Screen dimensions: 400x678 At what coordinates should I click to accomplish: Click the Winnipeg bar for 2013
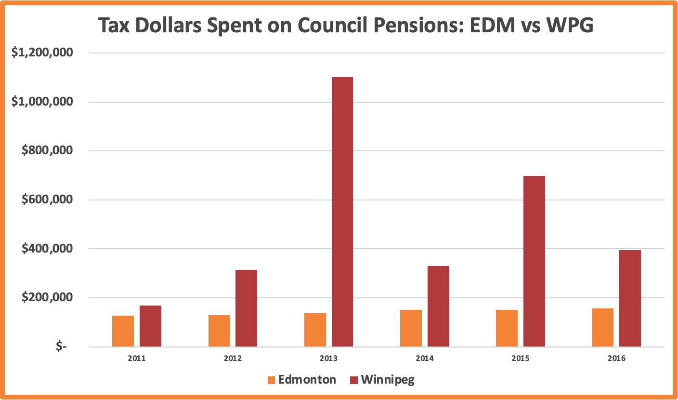pos(342,212)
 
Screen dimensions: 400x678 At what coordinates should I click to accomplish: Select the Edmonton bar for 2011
pos(123,331)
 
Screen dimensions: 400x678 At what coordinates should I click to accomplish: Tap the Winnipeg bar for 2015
pos(534,261)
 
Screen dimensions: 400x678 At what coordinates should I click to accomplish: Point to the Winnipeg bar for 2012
pos(246,308)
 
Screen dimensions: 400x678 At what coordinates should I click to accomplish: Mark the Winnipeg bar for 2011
pos(150,326)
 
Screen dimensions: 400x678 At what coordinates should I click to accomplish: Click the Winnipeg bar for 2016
pos(630,298)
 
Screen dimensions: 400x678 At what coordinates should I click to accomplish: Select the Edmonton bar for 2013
pos(315,330)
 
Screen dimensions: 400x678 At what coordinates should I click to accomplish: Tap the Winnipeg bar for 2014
pos(438,306)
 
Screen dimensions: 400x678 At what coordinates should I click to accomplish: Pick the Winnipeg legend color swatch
pos(353,379)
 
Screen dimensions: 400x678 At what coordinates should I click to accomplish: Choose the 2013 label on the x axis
pos(328,359)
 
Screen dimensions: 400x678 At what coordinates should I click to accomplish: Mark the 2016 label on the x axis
pos(616,359)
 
